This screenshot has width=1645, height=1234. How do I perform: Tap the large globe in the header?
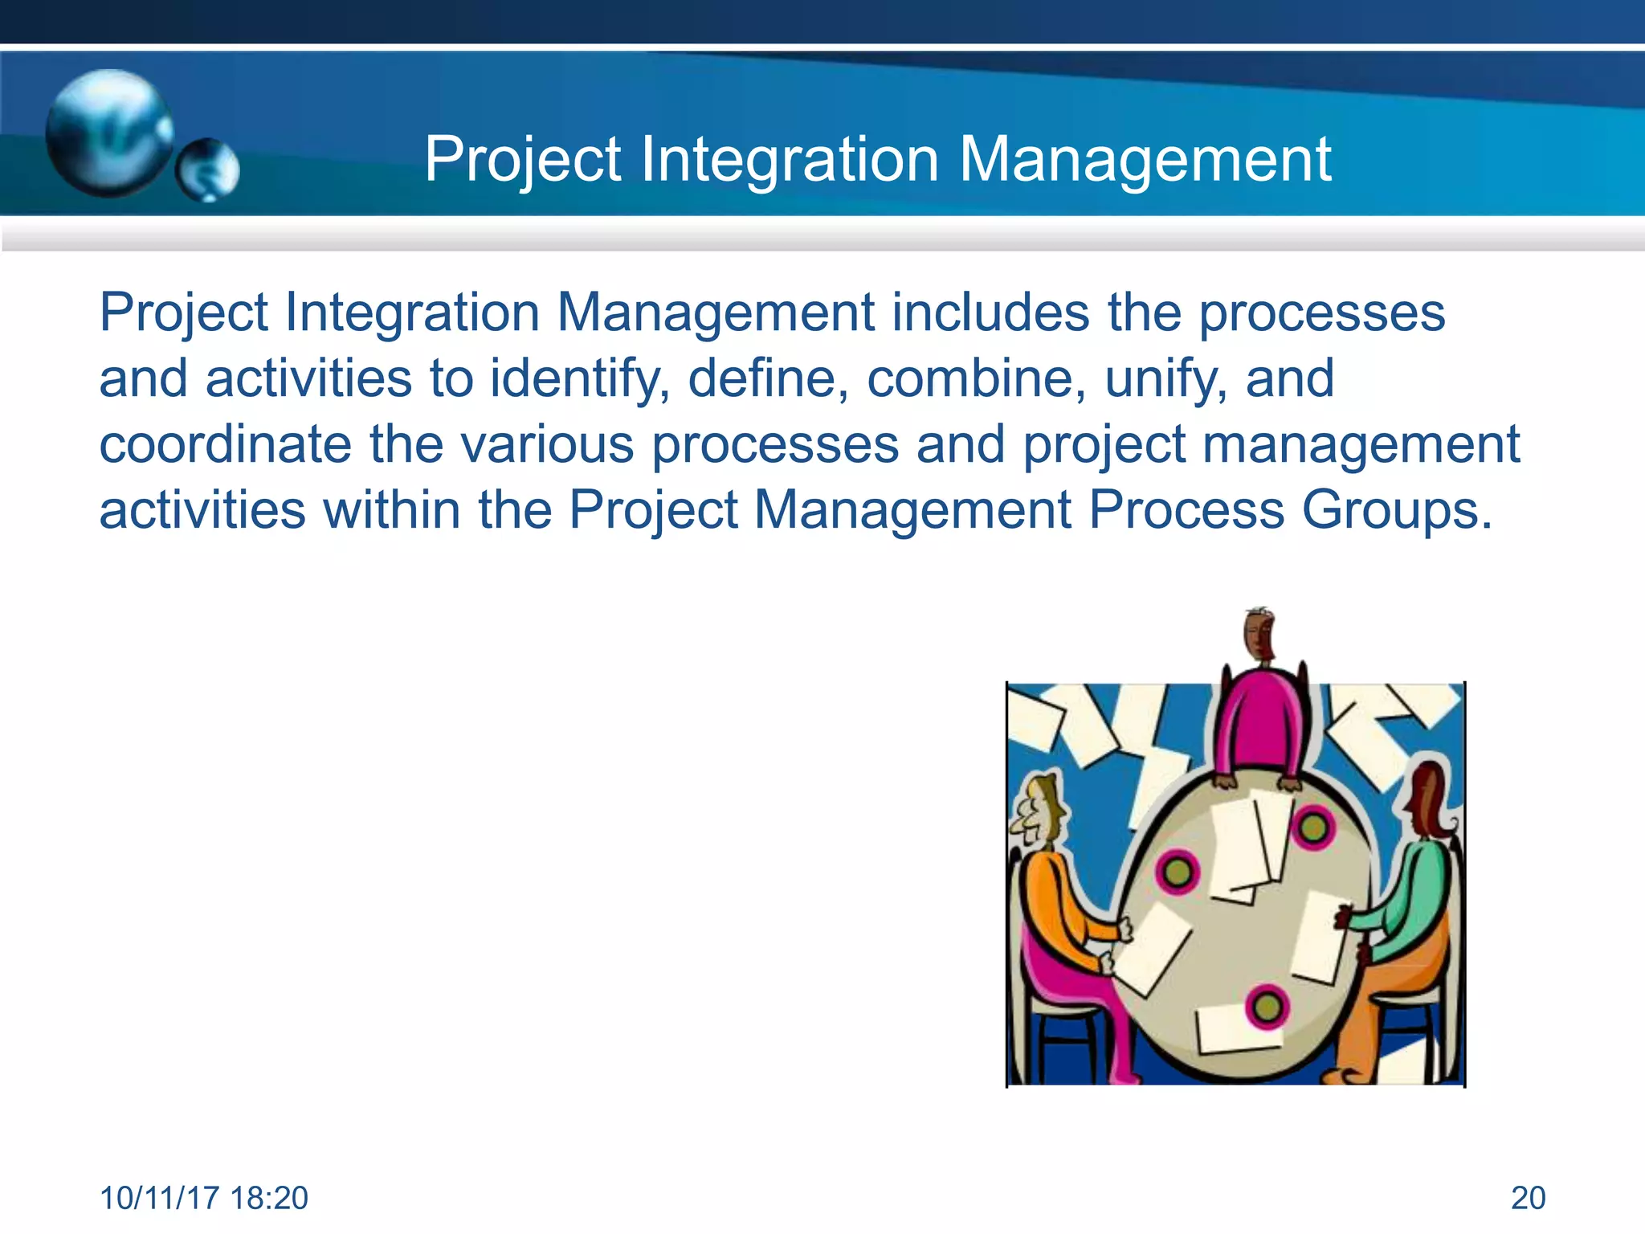pos(108,133)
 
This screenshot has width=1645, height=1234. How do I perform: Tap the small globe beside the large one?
pos(208,170)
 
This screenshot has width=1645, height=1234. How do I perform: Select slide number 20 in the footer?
pos(1528,1198)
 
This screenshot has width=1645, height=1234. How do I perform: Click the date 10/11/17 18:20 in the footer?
pos(203,1198)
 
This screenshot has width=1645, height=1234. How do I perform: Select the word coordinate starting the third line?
pos(225,444)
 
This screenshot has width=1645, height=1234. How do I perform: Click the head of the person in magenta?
pos(1259,635)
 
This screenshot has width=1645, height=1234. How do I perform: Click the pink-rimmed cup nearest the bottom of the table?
pos(1267,1006)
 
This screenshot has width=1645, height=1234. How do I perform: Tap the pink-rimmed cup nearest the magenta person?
pos(1312,827)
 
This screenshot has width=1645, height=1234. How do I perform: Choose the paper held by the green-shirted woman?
pos(1320,936)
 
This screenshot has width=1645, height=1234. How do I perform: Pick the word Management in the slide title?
pos(1145,159)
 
